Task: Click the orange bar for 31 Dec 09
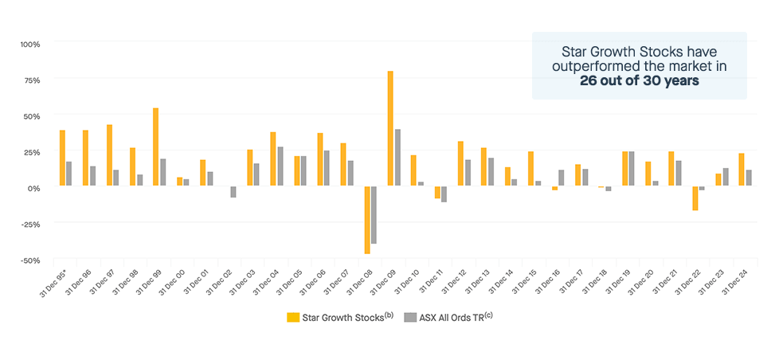click(x=390, y=128)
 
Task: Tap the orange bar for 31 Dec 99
click(x=155, y=147)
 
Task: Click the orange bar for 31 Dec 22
click(x=695, y=198)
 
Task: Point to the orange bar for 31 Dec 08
click(x=367, y=220)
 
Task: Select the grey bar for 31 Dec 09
click(x=397, y=158)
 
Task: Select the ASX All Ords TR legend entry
click(x=451, y=317)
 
